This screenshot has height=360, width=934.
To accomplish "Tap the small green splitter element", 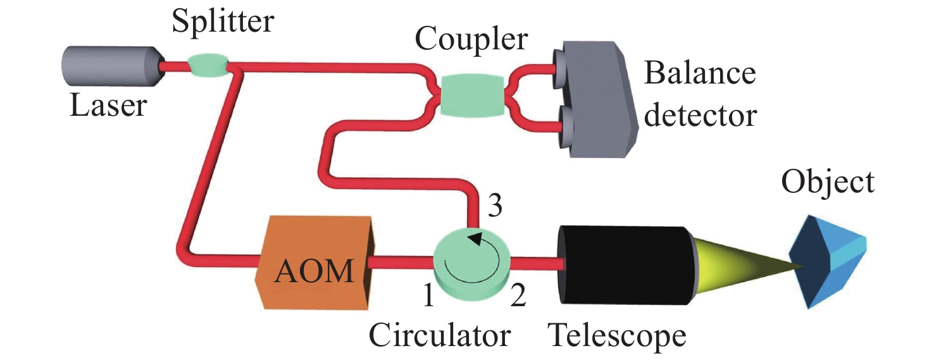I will (x=208, y=65).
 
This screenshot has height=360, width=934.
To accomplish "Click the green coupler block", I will (x=471, y=95).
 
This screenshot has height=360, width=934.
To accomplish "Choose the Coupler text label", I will (x=471, y=40).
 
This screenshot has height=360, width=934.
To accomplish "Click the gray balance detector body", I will (x=601, y=101).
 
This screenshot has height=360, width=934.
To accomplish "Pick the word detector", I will (x=699, y=115).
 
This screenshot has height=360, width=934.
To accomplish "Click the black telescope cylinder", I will (x=626, y=263).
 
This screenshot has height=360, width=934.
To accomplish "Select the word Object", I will (x=828, y=183).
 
